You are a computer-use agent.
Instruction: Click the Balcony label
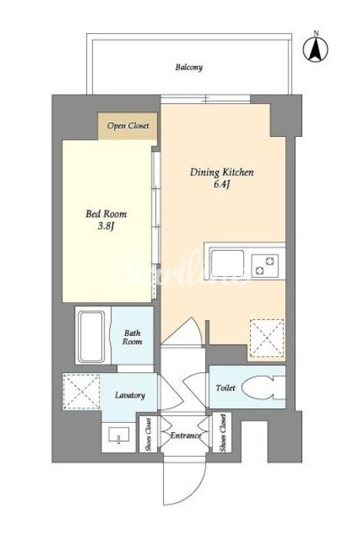coord(189,68)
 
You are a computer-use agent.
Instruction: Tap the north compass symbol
coord(315,48)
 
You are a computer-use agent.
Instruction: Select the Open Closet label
coord(128,126)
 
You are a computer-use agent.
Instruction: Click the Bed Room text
coord(106,215)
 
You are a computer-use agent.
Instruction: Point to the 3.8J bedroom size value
coord(105,226)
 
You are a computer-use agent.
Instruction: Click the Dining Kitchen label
coord(222,172)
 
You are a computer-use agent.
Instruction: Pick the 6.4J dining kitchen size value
coord(222,185)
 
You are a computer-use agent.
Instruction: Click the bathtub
coord(92,337)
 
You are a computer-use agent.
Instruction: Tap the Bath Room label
coord(132,337)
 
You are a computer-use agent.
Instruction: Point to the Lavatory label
coord(130,395)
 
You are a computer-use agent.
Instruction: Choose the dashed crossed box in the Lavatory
coord(82,391)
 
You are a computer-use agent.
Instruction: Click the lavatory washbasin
coord(118,435)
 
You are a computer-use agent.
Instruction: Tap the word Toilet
coord(225,388)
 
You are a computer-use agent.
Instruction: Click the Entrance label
coord(185,435)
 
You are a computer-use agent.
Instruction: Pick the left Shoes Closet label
coord(148,434)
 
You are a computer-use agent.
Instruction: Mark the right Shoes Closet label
coord(223,432)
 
